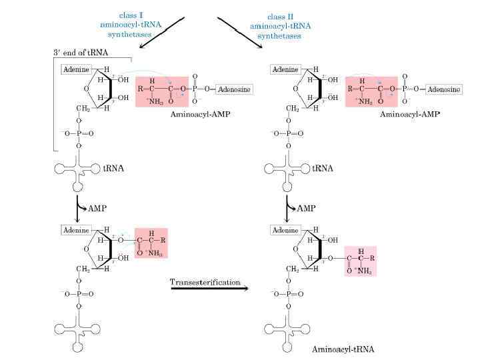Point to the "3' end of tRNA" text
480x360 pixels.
[81, 53]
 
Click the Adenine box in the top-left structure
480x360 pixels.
[75, 69]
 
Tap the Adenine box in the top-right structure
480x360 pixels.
[285, 69]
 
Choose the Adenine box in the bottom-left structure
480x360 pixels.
[75, 230]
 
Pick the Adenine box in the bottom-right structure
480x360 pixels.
[285, 230]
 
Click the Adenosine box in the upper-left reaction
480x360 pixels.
[233, 89]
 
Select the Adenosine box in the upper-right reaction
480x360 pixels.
[444, 89]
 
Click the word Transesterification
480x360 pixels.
[205, 282]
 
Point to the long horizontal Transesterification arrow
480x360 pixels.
[209, 289]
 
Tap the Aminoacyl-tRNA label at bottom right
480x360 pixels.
[343, 349]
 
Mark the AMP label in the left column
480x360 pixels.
[97, 208]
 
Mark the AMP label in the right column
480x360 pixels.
[306, 208]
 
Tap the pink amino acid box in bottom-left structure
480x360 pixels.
[151, 243]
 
